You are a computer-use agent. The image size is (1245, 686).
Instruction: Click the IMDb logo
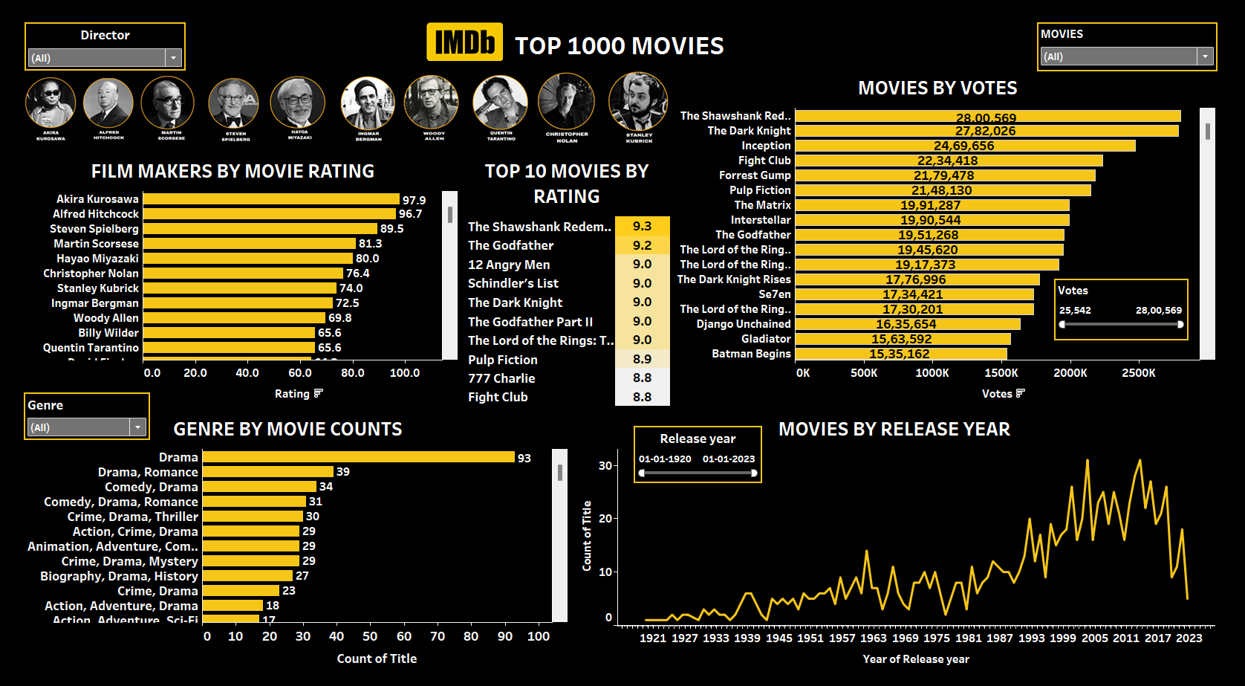coord(464,42)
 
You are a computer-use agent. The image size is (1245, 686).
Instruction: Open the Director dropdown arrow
coord(173,58)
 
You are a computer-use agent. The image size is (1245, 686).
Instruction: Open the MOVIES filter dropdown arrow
coord(1205,56)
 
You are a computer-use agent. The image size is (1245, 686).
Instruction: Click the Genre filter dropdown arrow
coord(137,427)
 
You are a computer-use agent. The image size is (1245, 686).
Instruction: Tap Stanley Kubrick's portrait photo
coord(638,102)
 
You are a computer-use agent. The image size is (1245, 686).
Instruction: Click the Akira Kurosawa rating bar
coord(271,199)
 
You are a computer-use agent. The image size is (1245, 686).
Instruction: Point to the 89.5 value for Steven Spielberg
coord(392,229)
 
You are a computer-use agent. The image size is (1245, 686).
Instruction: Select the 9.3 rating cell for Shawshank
coord(642,226)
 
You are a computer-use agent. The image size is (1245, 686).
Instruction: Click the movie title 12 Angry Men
coord(509,265)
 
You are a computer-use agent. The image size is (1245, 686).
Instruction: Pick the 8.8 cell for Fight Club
coord(642,397)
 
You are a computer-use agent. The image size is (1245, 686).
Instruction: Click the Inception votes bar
coord(965,146)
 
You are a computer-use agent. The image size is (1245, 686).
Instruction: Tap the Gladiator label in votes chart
coord(766,339)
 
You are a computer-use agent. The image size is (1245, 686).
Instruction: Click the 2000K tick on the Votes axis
coord(1070,373)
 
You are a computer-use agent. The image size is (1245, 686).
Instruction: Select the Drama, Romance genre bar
coord(267,472)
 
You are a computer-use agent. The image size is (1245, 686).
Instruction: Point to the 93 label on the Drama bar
coord(524,458)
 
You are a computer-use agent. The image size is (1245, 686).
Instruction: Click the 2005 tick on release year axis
coord(1094,638)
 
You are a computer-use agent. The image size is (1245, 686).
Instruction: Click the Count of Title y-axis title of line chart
coord(587,536)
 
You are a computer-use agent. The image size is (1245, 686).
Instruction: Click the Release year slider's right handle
coord(754,473)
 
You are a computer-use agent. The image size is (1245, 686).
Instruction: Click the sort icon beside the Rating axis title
coord(319,393)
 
